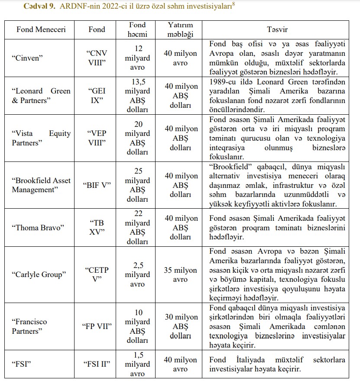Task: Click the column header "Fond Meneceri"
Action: tap(39, 29)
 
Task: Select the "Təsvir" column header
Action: tap(277, 29)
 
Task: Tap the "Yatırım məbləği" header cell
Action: tap(180, 29)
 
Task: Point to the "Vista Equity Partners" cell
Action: tap(41, 138)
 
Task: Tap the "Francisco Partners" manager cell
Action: tap(29, 326)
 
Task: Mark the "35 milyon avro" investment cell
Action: tap(180, 275)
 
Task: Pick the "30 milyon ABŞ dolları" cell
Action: tap(180, 326)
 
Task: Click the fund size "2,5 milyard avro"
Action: tap(137, 274)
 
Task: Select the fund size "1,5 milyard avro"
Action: tap(137, 364)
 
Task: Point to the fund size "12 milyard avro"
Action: tap(137, 58)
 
